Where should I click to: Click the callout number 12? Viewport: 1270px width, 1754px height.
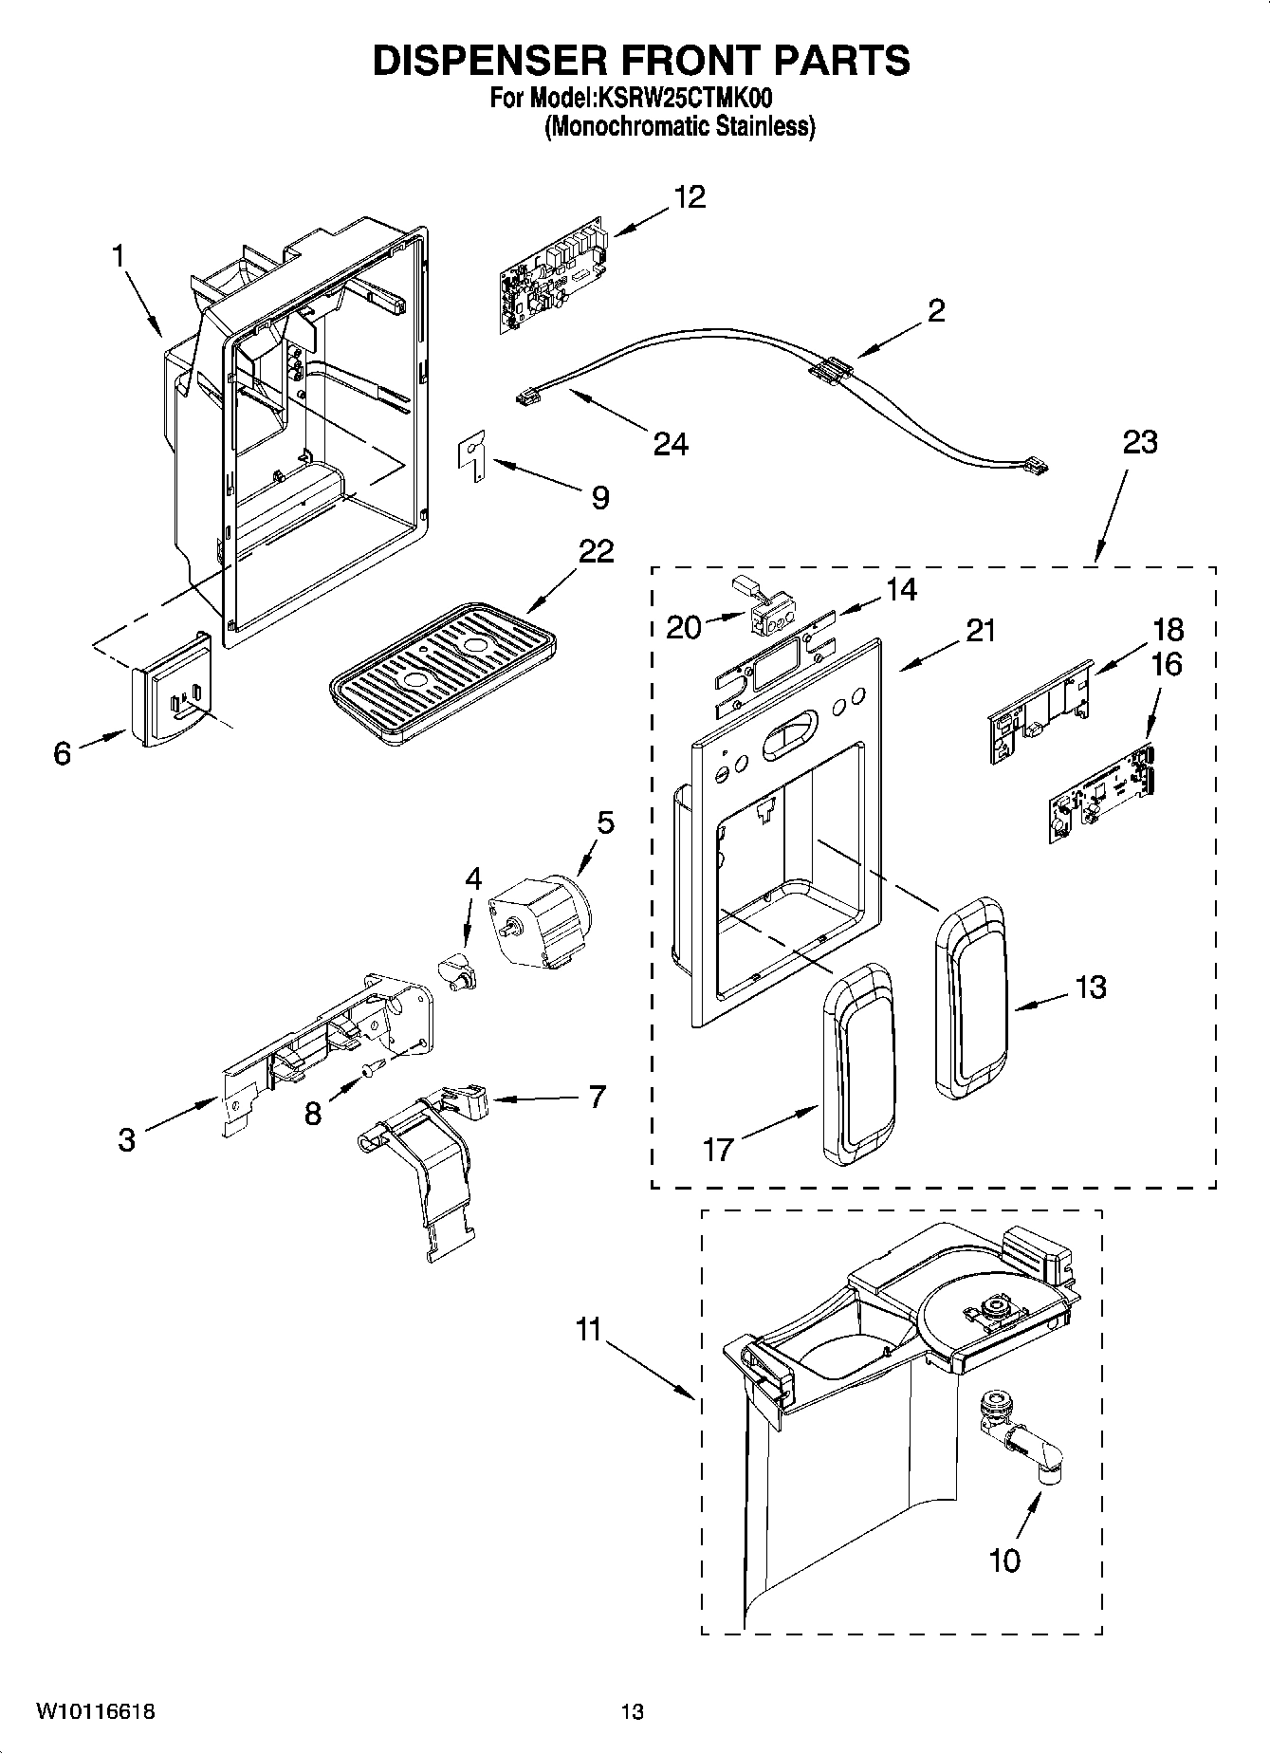click(x=690, y=197)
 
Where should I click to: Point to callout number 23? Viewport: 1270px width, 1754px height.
click(x=1140, y=443)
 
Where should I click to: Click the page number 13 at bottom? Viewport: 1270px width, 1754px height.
click(x=632, y=1711)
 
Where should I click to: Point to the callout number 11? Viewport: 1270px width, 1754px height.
click(x=589, y=1330)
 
